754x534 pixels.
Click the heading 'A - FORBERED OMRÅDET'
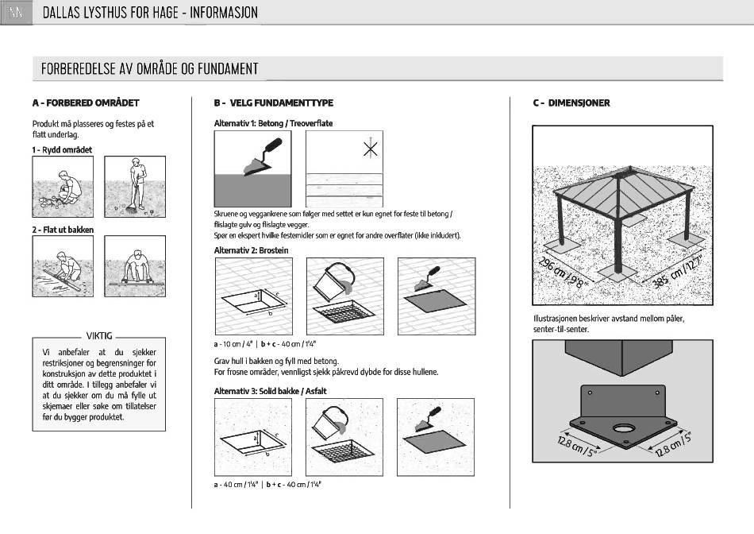86,103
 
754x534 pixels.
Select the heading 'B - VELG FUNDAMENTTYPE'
273,103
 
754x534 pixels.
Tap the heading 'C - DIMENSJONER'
571,103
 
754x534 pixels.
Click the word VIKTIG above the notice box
99,335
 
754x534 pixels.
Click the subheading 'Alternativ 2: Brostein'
251,250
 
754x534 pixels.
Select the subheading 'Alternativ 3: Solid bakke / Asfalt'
270,391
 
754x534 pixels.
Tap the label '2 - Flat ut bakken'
63,230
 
